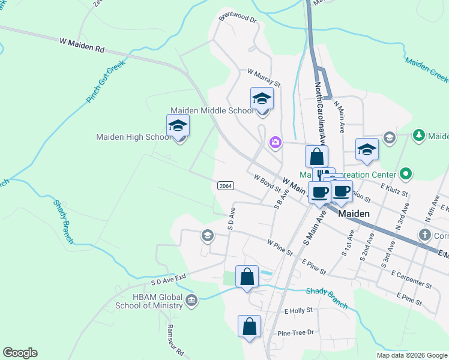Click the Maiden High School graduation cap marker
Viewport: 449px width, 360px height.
pos(178,126)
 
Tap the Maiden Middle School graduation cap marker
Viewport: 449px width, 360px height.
pos(262,98)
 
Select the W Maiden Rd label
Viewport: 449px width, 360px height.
pos(82,44)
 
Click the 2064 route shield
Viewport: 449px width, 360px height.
pos(225,187)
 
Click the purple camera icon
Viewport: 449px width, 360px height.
pos(275,142)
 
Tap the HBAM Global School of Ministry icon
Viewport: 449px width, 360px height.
pos(191,300)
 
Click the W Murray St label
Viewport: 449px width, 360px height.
pos(264,77)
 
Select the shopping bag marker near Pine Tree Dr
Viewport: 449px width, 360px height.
pos(249,327)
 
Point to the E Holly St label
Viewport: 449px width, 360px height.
pos(298,310)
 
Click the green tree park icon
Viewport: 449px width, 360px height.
pos(419,136)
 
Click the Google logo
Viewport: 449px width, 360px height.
pos(20,353)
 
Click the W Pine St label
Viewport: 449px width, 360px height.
pos(280,247)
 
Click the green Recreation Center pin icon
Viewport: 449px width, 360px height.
pos(406,175)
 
